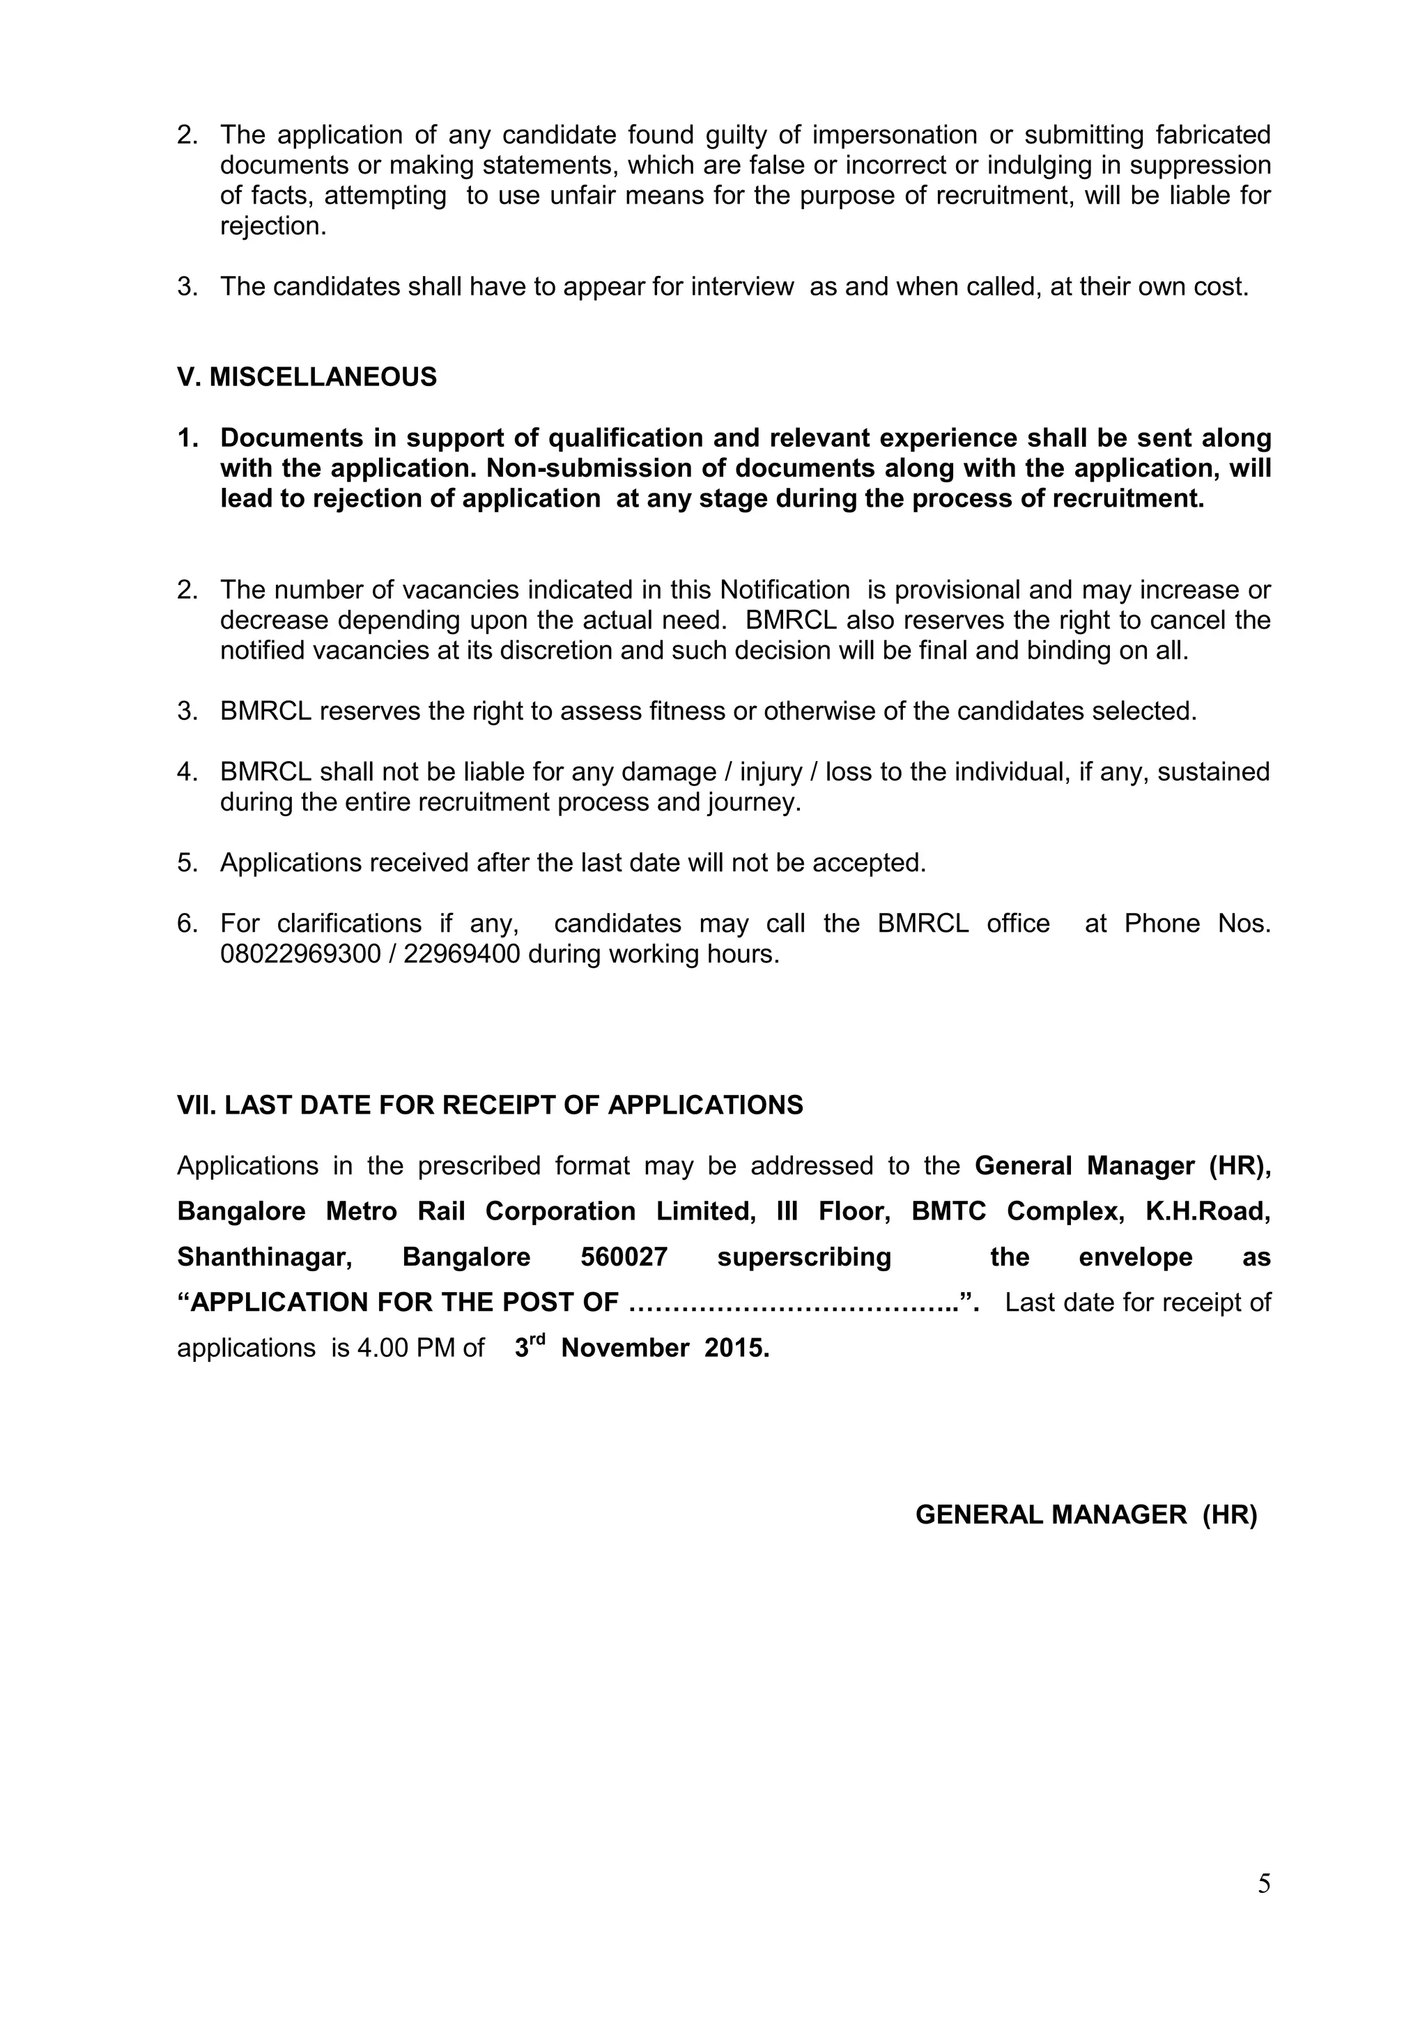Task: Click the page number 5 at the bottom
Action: tap(1263, 1884)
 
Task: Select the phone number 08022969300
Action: tap(300, 954)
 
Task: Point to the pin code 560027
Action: tap(624, 1257)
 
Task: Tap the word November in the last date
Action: tap(624, 1348)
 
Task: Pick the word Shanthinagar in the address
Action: tap(265, 1257)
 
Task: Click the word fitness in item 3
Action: tap(687, 711)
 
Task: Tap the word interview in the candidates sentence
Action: tap(742, 286)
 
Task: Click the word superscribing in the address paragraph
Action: tap(803, 1257)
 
